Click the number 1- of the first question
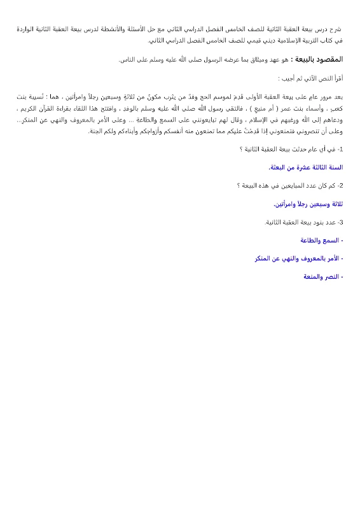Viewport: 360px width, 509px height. click(340, 149)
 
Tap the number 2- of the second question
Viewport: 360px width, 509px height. click(340, 186)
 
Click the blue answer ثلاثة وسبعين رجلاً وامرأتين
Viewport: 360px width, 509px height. click(308, 204)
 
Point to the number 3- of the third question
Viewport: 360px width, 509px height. click(340, 223)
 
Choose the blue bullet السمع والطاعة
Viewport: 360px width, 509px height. click(321, 241)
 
